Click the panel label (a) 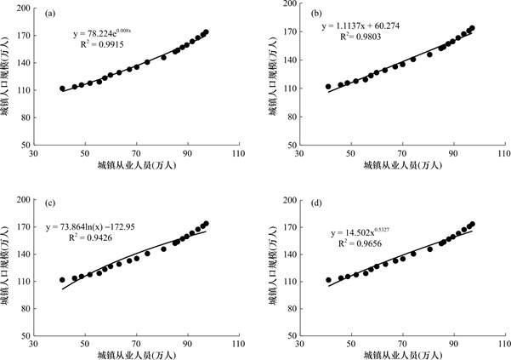[52, 14]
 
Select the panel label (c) [52, 205]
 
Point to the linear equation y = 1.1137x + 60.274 [366, 26]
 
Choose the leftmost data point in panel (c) [62, 279]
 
